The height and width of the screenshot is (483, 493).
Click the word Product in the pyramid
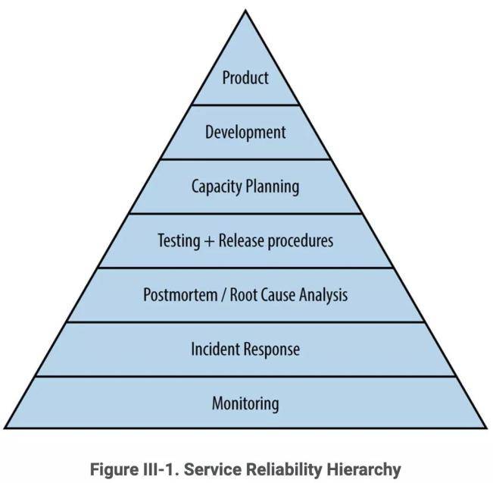[245, 77]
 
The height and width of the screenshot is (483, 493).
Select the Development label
[245, 132]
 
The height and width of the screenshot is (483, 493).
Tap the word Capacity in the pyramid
[217, 187]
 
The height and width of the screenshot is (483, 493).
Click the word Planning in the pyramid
[273, 187]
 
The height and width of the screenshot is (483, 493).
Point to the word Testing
[179, 241]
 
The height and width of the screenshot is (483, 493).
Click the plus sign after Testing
[210, 242]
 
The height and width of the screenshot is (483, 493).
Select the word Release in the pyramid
[242, 241]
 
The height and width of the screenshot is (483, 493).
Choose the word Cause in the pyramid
[279, 295]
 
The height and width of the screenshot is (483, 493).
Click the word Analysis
[323, 296]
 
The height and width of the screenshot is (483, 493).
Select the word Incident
[215, 349]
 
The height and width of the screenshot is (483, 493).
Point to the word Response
[272, 350]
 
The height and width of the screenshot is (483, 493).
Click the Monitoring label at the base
[245, 403]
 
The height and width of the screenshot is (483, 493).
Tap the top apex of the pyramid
[245, 11]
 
